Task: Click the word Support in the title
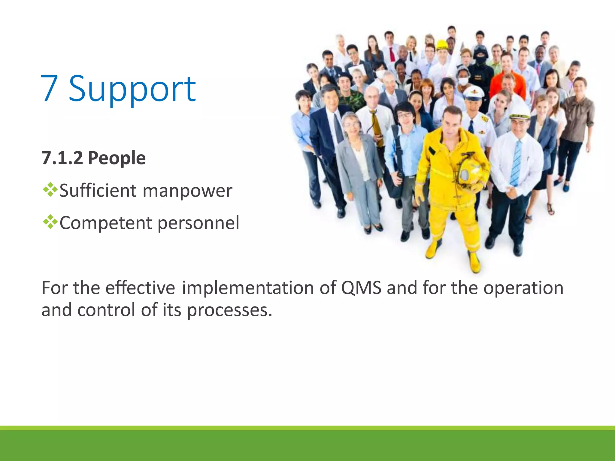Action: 132,89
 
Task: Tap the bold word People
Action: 117,158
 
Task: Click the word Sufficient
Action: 98,191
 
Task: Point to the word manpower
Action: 187,191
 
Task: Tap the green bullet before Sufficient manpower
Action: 50,190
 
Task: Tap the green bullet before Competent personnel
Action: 50,222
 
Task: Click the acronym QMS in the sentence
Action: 361,288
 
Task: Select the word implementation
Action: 248,288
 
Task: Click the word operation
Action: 523,288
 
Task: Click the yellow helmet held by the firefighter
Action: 471,171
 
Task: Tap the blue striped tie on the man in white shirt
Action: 516,164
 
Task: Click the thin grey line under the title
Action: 171,117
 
